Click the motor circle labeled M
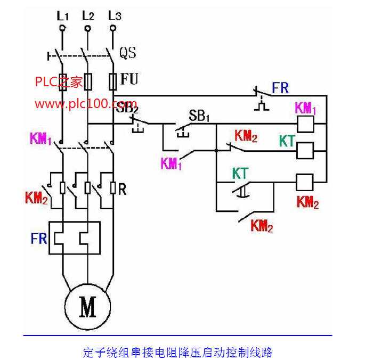coord(87,307)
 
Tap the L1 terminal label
coord(62,15)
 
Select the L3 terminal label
coord(114,15)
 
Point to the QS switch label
coord(127,53)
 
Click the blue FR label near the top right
coord(281,88)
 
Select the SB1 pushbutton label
coord(198,116)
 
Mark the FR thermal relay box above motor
coord(75,238)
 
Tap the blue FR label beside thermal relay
coord(38,238)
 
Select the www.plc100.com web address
coord(85,103)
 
